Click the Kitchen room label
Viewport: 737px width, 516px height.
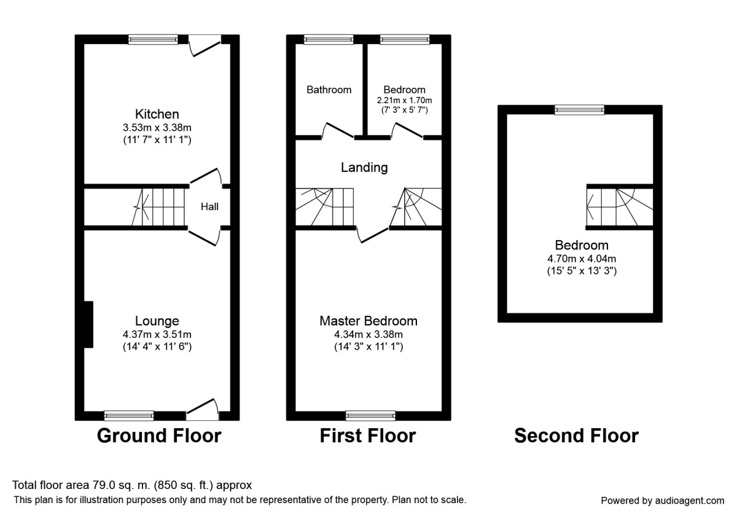(157, 114)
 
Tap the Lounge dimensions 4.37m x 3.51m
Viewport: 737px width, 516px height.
(157, 335)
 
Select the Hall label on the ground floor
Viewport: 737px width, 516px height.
(209, 207)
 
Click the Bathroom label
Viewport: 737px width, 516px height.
(329, 90)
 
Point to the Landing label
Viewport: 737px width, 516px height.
(365, 167)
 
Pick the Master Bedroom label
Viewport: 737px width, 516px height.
(368, 321)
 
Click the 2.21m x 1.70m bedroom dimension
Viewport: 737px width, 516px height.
(404, 100)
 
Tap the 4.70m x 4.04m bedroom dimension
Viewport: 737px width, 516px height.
(582, 259)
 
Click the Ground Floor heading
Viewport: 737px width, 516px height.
(159, 436)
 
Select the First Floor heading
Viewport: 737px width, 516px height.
(368, 436)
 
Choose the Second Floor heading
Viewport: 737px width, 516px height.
(576, 436)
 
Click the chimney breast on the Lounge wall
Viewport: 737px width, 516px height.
(88, 324)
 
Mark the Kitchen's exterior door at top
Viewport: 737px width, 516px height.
(205, 45)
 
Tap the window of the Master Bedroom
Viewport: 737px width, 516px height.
(370, 415)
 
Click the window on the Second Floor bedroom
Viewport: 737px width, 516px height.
(579, 110)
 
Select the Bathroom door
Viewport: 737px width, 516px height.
(338, 130)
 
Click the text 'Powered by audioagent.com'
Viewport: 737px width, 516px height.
(662, 500)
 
